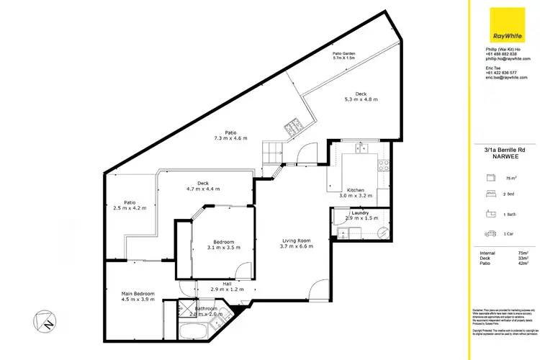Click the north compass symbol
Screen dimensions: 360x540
pos(45,321)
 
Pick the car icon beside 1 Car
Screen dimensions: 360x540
pos(491,233)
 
